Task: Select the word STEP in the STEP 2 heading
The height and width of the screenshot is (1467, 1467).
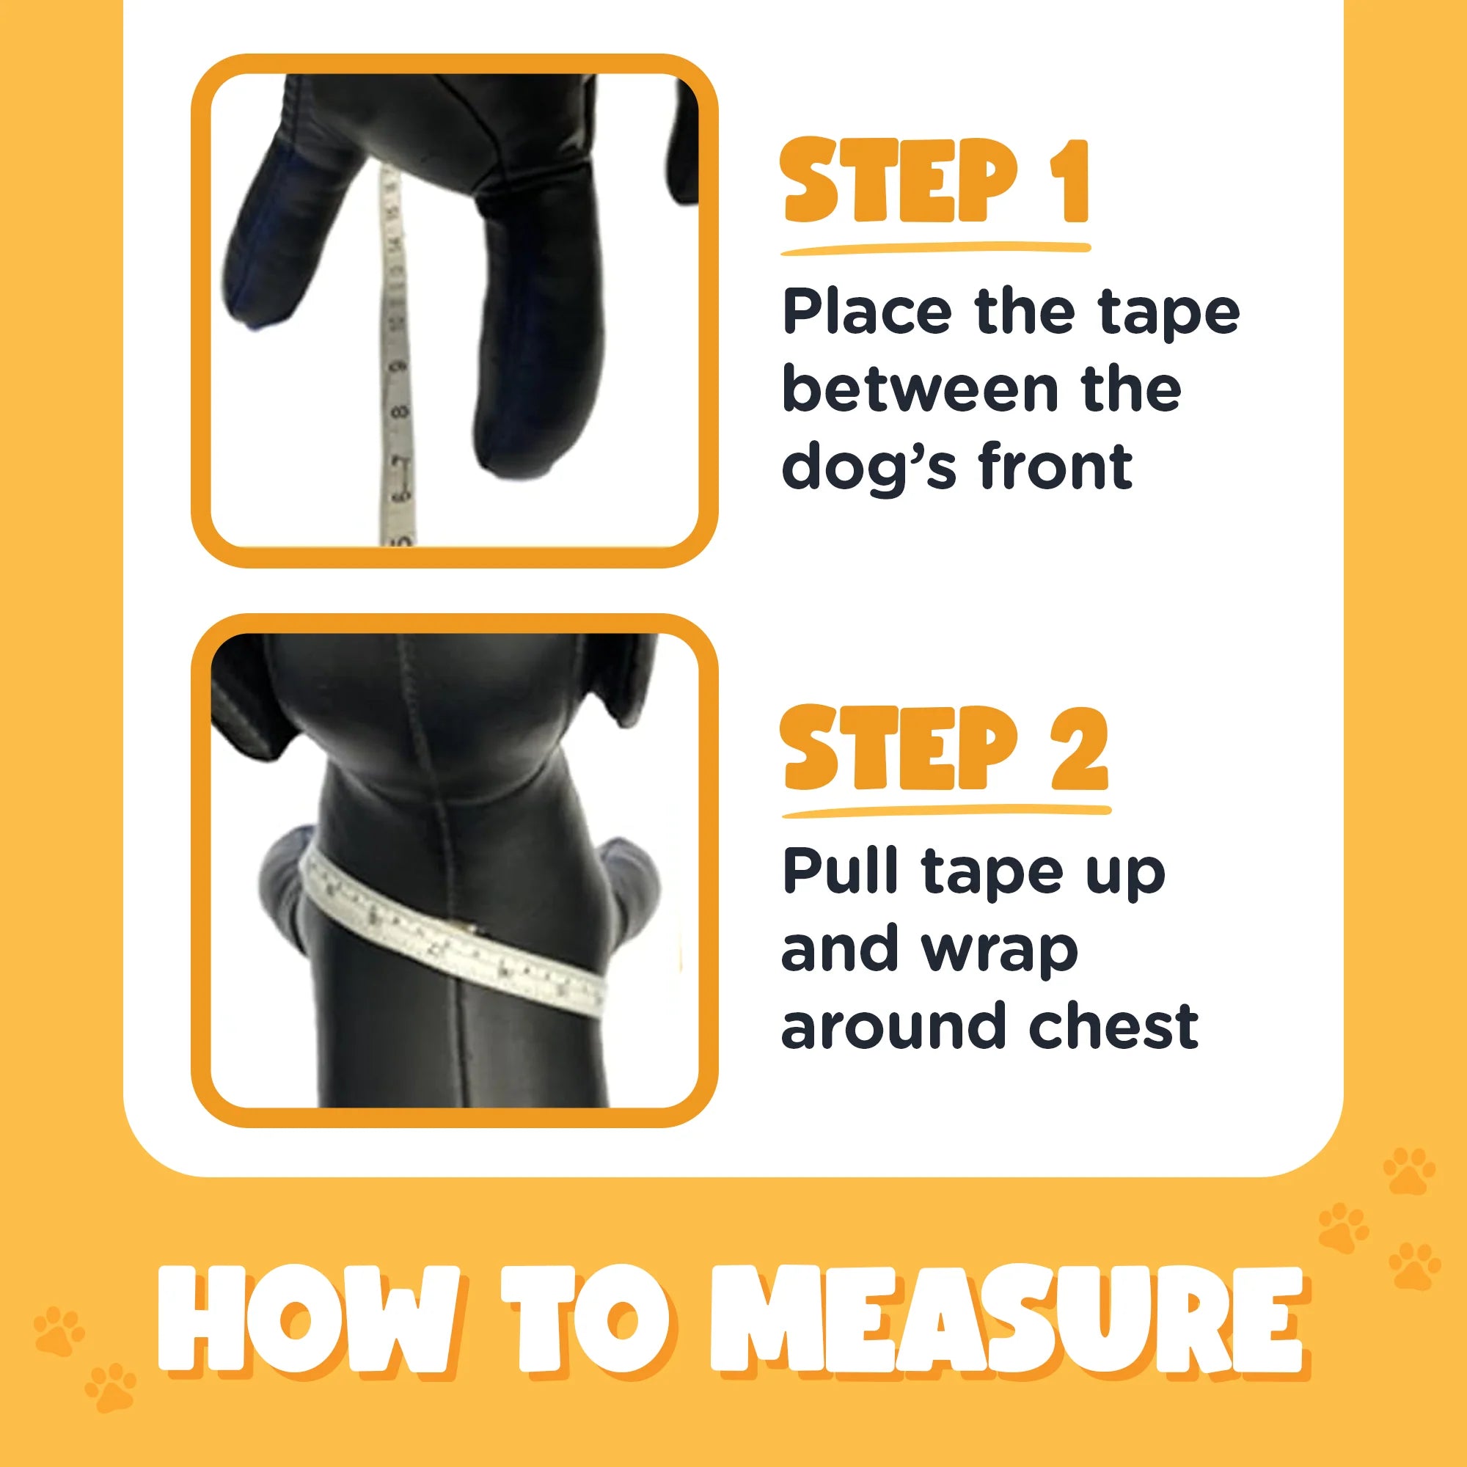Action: click(899, 748)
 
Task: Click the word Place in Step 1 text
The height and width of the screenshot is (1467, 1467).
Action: click(866, 312)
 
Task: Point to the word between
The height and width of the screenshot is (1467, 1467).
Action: click(920, 389)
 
